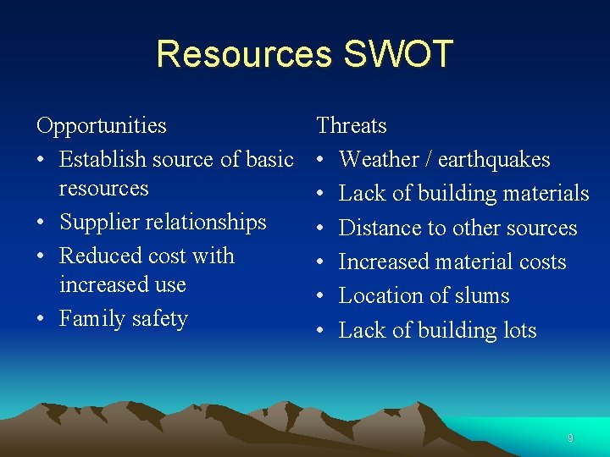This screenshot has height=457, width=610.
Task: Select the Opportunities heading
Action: coord(102,126)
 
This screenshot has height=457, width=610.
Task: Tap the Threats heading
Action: coord(352,126)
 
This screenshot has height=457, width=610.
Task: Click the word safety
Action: coord(159,319)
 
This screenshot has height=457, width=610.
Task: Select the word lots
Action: coord(517,330)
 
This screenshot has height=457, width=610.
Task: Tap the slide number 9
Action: coord(570,438)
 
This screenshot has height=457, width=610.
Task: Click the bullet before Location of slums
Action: coord(322,296)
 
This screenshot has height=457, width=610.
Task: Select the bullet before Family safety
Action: coord(42,319)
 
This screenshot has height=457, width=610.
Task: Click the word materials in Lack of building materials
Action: coord(541,194)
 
